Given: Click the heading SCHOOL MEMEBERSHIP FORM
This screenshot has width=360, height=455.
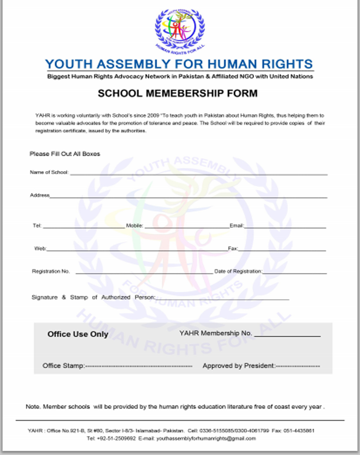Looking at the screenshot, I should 178,94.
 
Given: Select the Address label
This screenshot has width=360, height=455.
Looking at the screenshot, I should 40,195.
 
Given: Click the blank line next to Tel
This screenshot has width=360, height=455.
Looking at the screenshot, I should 84,227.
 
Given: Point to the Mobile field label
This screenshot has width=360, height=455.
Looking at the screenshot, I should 134,226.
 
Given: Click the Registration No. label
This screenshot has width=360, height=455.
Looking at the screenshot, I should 51,271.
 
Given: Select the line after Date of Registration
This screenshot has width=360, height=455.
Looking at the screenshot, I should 295,273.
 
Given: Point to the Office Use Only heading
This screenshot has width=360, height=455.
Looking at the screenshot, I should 78,334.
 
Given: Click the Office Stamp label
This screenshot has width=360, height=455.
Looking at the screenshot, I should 63,366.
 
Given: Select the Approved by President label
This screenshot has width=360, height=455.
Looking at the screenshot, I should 239,366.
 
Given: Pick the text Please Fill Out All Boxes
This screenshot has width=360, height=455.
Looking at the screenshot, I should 65,154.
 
